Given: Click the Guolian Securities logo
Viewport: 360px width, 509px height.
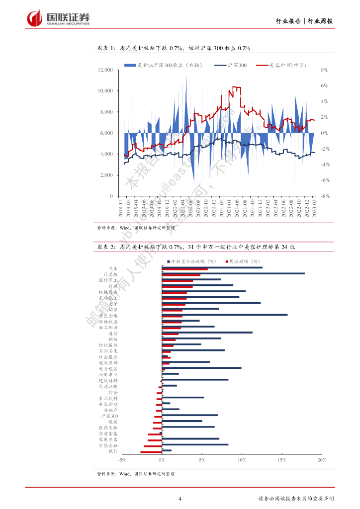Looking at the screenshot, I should (x=58, y=18).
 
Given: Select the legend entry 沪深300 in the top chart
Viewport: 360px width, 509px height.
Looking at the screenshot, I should (x=237, y=65).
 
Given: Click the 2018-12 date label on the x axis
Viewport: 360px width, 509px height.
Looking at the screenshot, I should (x=121, y=208).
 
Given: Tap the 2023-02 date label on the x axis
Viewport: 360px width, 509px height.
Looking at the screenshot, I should (x=314, y=208).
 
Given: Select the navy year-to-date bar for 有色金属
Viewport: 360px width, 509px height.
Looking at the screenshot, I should (x=224, y=315).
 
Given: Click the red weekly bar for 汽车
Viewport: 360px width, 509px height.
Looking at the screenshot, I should (x=184, y=269).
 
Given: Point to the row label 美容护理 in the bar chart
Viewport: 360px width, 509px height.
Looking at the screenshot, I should (x=109, y=404).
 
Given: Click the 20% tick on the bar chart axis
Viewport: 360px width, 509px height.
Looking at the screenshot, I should (x=322, y=461).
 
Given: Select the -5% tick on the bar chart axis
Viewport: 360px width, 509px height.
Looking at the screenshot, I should (x=122, y=461).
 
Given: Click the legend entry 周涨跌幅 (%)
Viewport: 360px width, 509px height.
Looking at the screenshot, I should (x=245, y=261).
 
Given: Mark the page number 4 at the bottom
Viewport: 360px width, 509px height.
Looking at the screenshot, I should (x=180, y=499).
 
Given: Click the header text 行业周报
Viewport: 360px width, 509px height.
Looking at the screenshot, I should (x=320, y=21).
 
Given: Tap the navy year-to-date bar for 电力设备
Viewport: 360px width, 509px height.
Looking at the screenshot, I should (x=201, y=368).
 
